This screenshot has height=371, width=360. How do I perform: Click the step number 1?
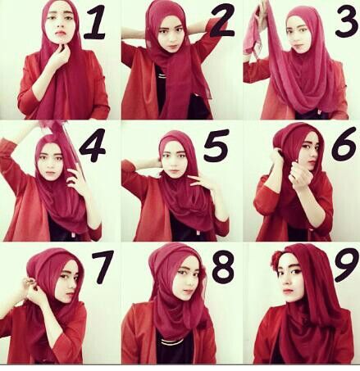(x=94, y=22)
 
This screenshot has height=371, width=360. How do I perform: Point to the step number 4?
(x=93, y=145)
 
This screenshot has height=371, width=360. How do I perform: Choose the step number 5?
(x=216, y=145)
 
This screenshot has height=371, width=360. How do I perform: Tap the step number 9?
(x=346, y=265)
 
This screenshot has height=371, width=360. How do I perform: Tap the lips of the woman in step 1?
(x=61, y=33)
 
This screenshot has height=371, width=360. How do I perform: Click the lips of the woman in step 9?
(x=287, y=291)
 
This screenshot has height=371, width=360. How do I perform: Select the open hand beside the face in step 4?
(x=76, y=178)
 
